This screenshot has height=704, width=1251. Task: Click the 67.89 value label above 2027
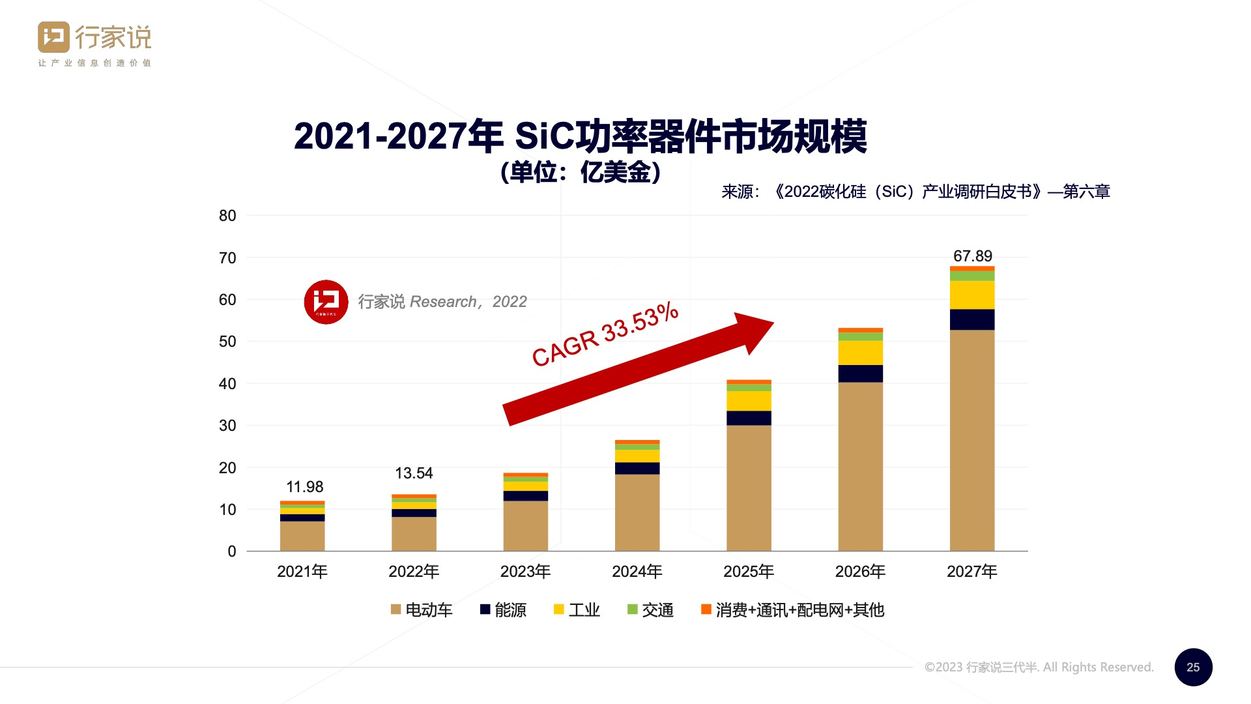tap(972, 256)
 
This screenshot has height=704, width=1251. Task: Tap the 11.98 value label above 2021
tap(304, 487)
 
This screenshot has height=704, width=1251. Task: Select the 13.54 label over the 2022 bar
tap(414, 473)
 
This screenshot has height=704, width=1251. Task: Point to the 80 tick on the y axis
tap(227, 216)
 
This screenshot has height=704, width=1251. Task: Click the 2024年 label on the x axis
tap(637, 572)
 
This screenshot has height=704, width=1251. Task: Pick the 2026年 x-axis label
tap(860, 572)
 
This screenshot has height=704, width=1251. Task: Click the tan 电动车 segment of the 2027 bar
tap(971, 440)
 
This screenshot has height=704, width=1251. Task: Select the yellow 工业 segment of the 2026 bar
tap(860, 353)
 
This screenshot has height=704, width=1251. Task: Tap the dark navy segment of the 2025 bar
tap(749, 418)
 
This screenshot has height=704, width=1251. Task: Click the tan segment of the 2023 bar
tap(525, 525)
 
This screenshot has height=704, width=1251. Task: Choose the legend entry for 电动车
tap(422, 610)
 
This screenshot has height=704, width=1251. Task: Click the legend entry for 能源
tap(503, 610)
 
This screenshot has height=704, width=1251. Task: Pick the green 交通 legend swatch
tap(632, 609)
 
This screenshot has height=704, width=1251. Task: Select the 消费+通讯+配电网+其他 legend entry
tap(792, 610)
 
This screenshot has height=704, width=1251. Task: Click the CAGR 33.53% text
tap(605, 334)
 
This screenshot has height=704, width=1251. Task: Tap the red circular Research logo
tap(326, 302)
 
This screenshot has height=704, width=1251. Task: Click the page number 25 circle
tap(1193, 667)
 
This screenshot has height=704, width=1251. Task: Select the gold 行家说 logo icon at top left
tap(53, 37)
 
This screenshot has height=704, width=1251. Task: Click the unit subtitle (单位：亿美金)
tap(581, 172)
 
